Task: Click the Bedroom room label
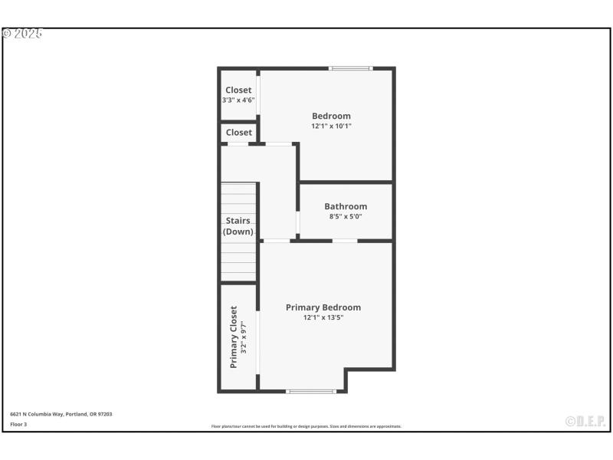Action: click(x=331, y=116)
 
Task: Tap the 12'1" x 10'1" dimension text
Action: click(x=331, y=126)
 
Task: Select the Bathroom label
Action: click(x=346, y=206)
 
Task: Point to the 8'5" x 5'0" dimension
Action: click(x=346, y=216)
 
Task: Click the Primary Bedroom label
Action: click(x=323, y=307)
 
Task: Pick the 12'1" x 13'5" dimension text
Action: click(x=323, y=317)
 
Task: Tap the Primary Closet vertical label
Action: click(x=234, y=337)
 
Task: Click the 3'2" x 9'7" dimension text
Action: click(x=244, y=337)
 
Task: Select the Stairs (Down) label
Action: click(x=238, y=226)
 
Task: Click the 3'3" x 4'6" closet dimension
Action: click(x=238, y=100)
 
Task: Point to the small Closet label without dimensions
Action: click(x=238, y=133)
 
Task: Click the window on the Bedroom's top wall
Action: click(x=351, y=69)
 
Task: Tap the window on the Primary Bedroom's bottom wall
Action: click(x=311, y=392)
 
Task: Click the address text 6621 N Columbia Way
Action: click(x=61, y=414)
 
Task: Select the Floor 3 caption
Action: click(x=18, y=424)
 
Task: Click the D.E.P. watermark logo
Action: click(x=585, y=421)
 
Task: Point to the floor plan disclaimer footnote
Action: click(x=306, y=426)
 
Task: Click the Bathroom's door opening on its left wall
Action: click(x=297, y=221)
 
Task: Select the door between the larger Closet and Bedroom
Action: click(x=258, y=94)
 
